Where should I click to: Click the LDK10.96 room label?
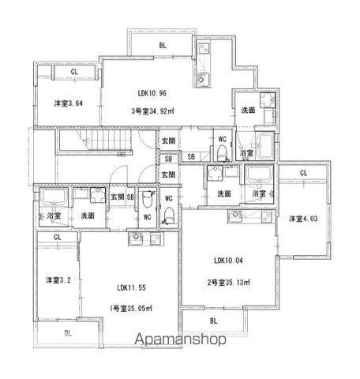click(152, 93)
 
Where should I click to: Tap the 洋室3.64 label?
click(69, 103)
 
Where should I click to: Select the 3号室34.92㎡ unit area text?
click(152, 111)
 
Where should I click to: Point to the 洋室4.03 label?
click(303, 219)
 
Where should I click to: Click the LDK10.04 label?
click(228, 261)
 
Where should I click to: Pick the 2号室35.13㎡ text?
click(228, 283)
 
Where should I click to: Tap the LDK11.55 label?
click(131, 287)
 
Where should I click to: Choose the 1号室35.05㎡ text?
click(131, 308)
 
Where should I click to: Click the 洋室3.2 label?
click(58, 280)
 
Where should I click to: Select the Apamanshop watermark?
click(181, 340)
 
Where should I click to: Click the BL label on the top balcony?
click(163, 46)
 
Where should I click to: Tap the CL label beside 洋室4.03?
click(303, 173)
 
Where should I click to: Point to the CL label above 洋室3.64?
click(74, 72)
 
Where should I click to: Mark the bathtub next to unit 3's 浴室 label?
click(264, 146)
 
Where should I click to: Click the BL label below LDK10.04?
click(214, 321)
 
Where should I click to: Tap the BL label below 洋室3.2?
click(68, 333)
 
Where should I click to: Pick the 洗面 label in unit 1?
click(88, 216)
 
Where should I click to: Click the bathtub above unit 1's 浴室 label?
click(54, 197)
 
